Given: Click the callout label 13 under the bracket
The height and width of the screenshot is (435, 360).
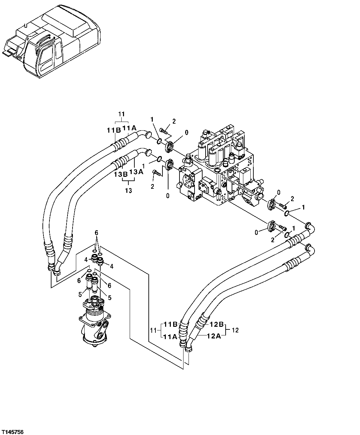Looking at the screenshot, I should click(x=128, y=191).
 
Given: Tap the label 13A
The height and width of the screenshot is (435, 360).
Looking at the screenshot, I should click(x=136, y=172).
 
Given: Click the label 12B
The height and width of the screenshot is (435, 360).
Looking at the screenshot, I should click(x=216, y=324).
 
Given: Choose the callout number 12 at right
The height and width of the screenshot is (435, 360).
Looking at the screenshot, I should click(x=235, y=330).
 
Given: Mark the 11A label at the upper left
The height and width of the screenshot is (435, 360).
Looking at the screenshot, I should click(x=129, y=128).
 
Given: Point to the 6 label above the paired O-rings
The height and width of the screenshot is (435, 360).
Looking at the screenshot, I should click(x=96, y=233).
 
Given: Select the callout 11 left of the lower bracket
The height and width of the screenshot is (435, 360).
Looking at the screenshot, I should click(x=153, y=330).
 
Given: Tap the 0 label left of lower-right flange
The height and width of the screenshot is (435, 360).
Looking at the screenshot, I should click(x=256, y=232).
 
